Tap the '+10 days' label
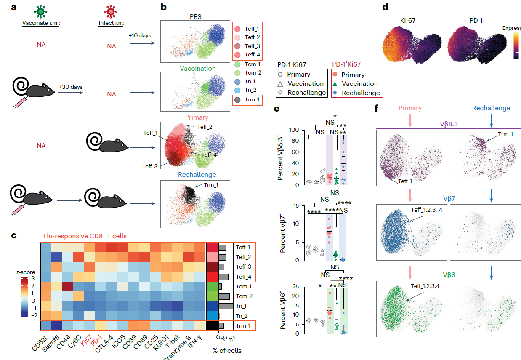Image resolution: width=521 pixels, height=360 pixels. pos(140,35)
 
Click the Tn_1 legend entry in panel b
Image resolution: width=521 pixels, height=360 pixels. pos(251,82)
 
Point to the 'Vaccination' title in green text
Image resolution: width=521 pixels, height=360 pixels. pos(198,68)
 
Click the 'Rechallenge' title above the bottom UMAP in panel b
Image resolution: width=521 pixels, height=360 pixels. pos(197,175)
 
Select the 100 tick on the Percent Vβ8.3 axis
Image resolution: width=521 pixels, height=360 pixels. pos(287,130)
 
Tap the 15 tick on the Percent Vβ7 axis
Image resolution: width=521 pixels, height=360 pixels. pos(289,205)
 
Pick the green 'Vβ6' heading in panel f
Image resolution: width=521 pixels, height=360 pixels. pos(449,275)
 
